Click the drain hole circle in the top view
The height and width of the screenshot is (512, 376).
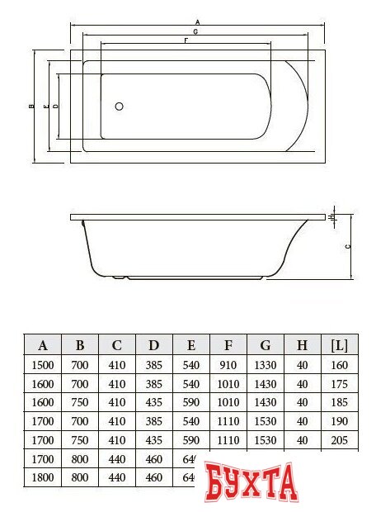[x=119, y=107]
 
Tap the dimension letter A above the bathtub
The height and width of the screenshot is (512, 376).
[x=197, y=21]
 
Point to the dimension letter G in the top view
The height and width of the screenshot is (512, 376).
[x=195, y=31]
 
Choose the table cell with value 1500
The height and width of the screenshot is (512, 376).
[x=43, y=365]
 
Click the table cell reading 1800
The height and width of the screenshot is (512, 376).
[x=43, y=478]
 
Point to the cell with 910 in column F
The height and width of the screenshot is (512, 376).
[x=228, y=365]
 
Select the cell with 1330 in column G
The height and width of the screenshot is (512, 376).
[x=265, y=365]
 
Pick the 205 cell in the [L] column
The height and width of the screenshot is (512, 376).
[x=339, y=440]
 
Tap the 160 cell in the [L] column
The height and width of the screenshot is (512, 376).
[x=339, y=365]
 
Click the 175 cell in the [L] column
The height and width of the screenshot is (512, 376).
[x=339, y=384]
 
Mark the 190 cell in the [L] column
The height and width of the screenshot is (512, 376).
[x=339, y=421]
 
